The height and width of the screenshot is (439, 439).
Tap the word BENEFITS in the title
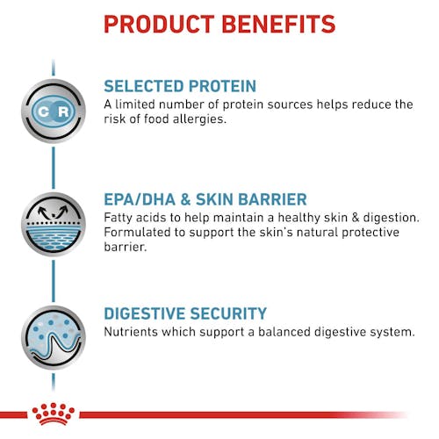click(x=280, y=24)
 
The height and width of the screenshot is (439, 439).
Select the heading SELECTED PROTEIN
click(x=180, y=86)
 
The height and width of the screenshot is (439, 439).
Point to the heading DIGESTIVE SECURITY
click(x=184, y=313)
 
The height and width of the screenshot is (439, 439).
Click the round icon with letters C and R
click(x=52, y=111)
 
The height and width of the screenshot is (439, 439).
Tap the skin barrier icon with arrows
click(x=52, y=224)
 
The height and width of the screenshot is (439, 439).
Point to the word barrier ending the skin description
click(x=126, y=247)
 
